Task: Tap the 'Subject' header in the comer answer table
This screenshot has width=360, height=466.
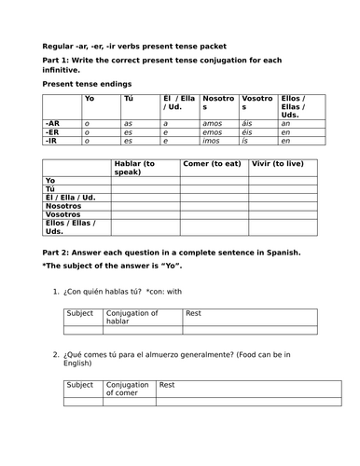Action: [x=80, y=384]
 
